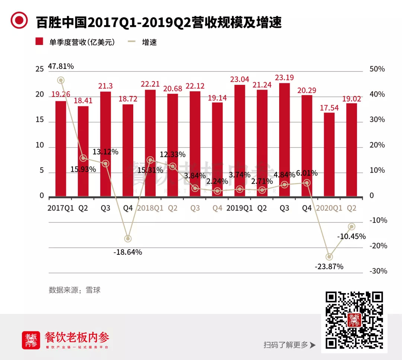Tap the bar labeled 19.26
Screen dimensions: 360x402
tap(61, 148)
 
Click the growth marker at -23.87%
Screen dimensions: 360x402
tap(329, 257)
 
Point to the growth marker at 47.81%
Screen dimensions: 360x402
tap(61, 80)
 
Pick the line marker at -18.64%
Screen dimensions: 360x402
tap(128, 238)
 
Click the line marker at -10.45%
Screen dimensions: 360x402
tap(351, 226)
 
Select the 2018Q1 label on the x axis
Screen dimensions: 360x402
tap(150, 208)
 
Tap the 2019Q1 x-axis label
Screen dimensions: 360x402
tap(240, 208)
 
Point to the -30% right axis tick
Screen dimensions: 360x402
tap(378, 271)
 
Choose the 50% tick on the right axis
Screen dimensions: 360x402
tap(377, 69)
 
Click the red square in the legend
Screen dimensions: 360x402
tap(39, 42)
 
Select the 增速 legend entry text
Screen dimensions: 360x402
tap(149, 42)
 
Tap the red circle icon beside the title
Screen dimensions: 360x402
tap(19, 21)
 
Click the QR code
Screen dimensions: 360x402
tap(354, 319)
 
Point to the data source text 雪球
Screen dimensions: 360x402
tap(93, 290)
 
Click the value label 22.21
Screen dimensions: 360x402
tap(150, 84)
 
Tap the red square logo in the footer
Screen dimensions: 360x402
tap(31, 340)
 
